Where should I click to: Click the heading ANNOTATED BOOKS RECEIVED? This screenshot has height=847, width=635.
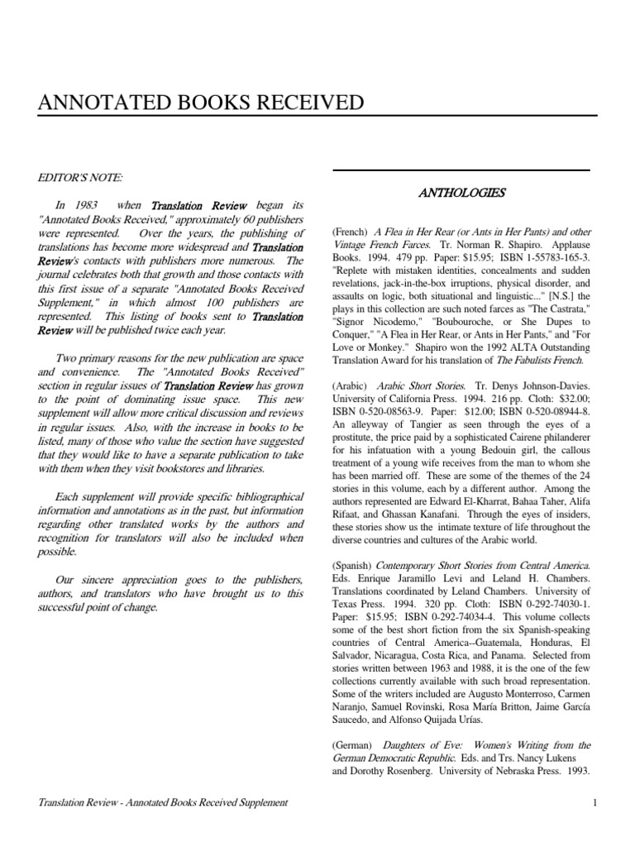[x=201, y=103]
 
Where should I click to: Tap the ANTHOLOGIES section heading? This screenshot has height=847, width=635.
[x=461, y=193]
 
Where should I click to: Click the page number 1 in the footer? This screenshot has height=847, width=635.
[x=594, y=802]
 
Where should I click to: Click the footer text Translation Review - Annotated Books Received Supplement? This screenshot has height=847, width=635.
[x=164, y=802]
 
